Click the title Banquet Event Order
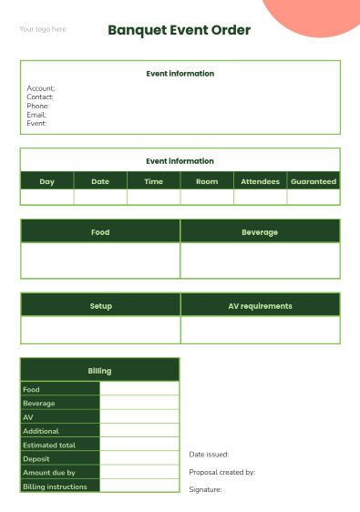point(179,30)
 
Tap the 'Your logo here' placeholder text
point(43,29)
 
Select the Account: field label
point(41,88)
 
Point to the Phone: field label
point(37,106)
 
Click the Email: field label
point(36,115)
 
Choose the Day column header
point(46,181)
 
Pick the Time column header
point(153,181)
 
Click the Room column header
point(207,181)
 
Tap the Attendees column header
point(260,181)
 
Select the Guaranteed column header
point(314,181)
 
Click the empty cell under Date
point(100,197)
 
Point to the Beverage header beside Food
point(260,232)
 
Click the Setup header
point(100,306)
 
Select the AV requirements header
point(260,306)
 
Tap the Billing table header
point(99,371)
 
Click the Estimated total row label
point(49,445)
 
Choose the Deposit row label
point(36,458)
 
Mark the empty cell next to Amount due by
point(139,473)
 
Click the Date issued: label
point(209,454)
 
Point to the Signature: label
point(205,489)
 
